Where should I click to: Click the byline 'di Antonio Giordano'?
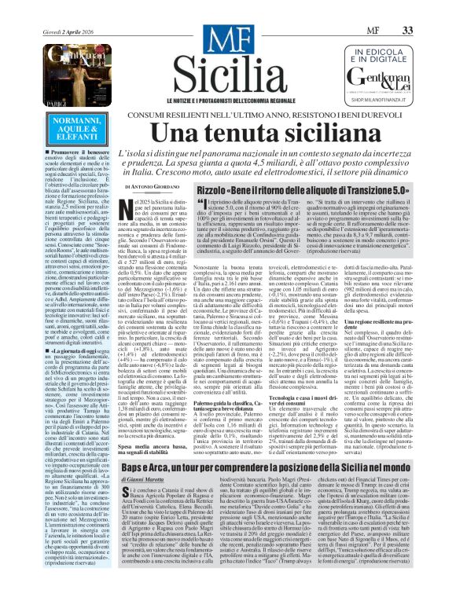(x=147, y=186)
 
